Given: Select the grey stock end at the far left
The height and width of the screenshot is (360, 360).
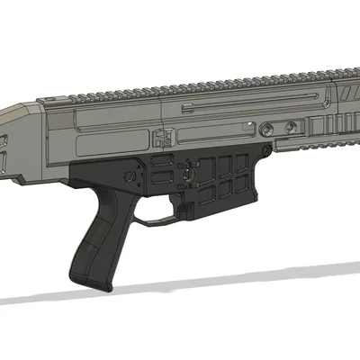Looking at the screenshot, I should pos(13,144).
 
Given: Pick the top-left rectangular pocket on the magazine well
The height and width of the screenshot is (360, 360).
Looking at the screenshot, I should pos(205,163).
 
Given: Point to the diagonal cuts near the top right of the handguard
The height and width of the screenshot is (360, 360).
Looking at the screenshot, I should pos(346,91).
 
